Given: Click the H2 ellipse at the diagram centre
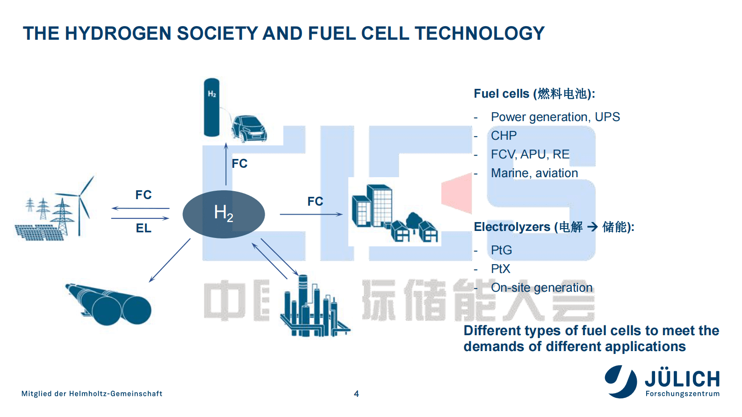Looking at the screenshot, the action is click(223, 214).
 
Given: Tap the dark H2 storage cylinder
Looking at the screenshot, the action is click(212, 108).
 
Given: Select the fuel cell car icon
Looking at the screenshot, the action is click(248, 129).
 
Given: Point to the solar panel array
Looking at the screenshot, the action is click(39, 232).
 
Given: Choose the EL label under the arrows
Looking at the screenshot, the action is click(144, 228).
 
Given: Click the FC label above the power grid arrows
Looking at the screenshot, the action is click(144, 195).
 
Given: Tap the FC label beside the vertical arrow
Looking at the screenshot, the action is click(239, 164).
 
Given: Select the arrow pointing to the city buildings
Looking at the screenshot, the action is click(311, 214).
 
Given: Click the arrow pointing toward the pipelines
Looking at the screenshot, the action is click(170, 260).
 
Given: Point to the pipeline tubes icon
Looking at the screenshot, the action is click(108, 304).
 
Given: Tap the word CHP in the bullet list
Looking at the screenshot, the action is click(504, 136).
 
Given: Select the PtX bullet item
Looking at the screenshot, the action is click(501, 269).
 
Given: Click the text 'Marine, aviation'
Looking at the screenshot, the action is click(534, 173).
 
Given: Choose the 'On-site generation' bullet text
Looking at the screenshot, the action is click(541, 288).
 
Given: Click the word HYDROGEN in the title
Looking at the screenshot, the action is click(118, 34).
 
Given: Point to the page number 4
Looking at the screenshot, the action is click(356, 394).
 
